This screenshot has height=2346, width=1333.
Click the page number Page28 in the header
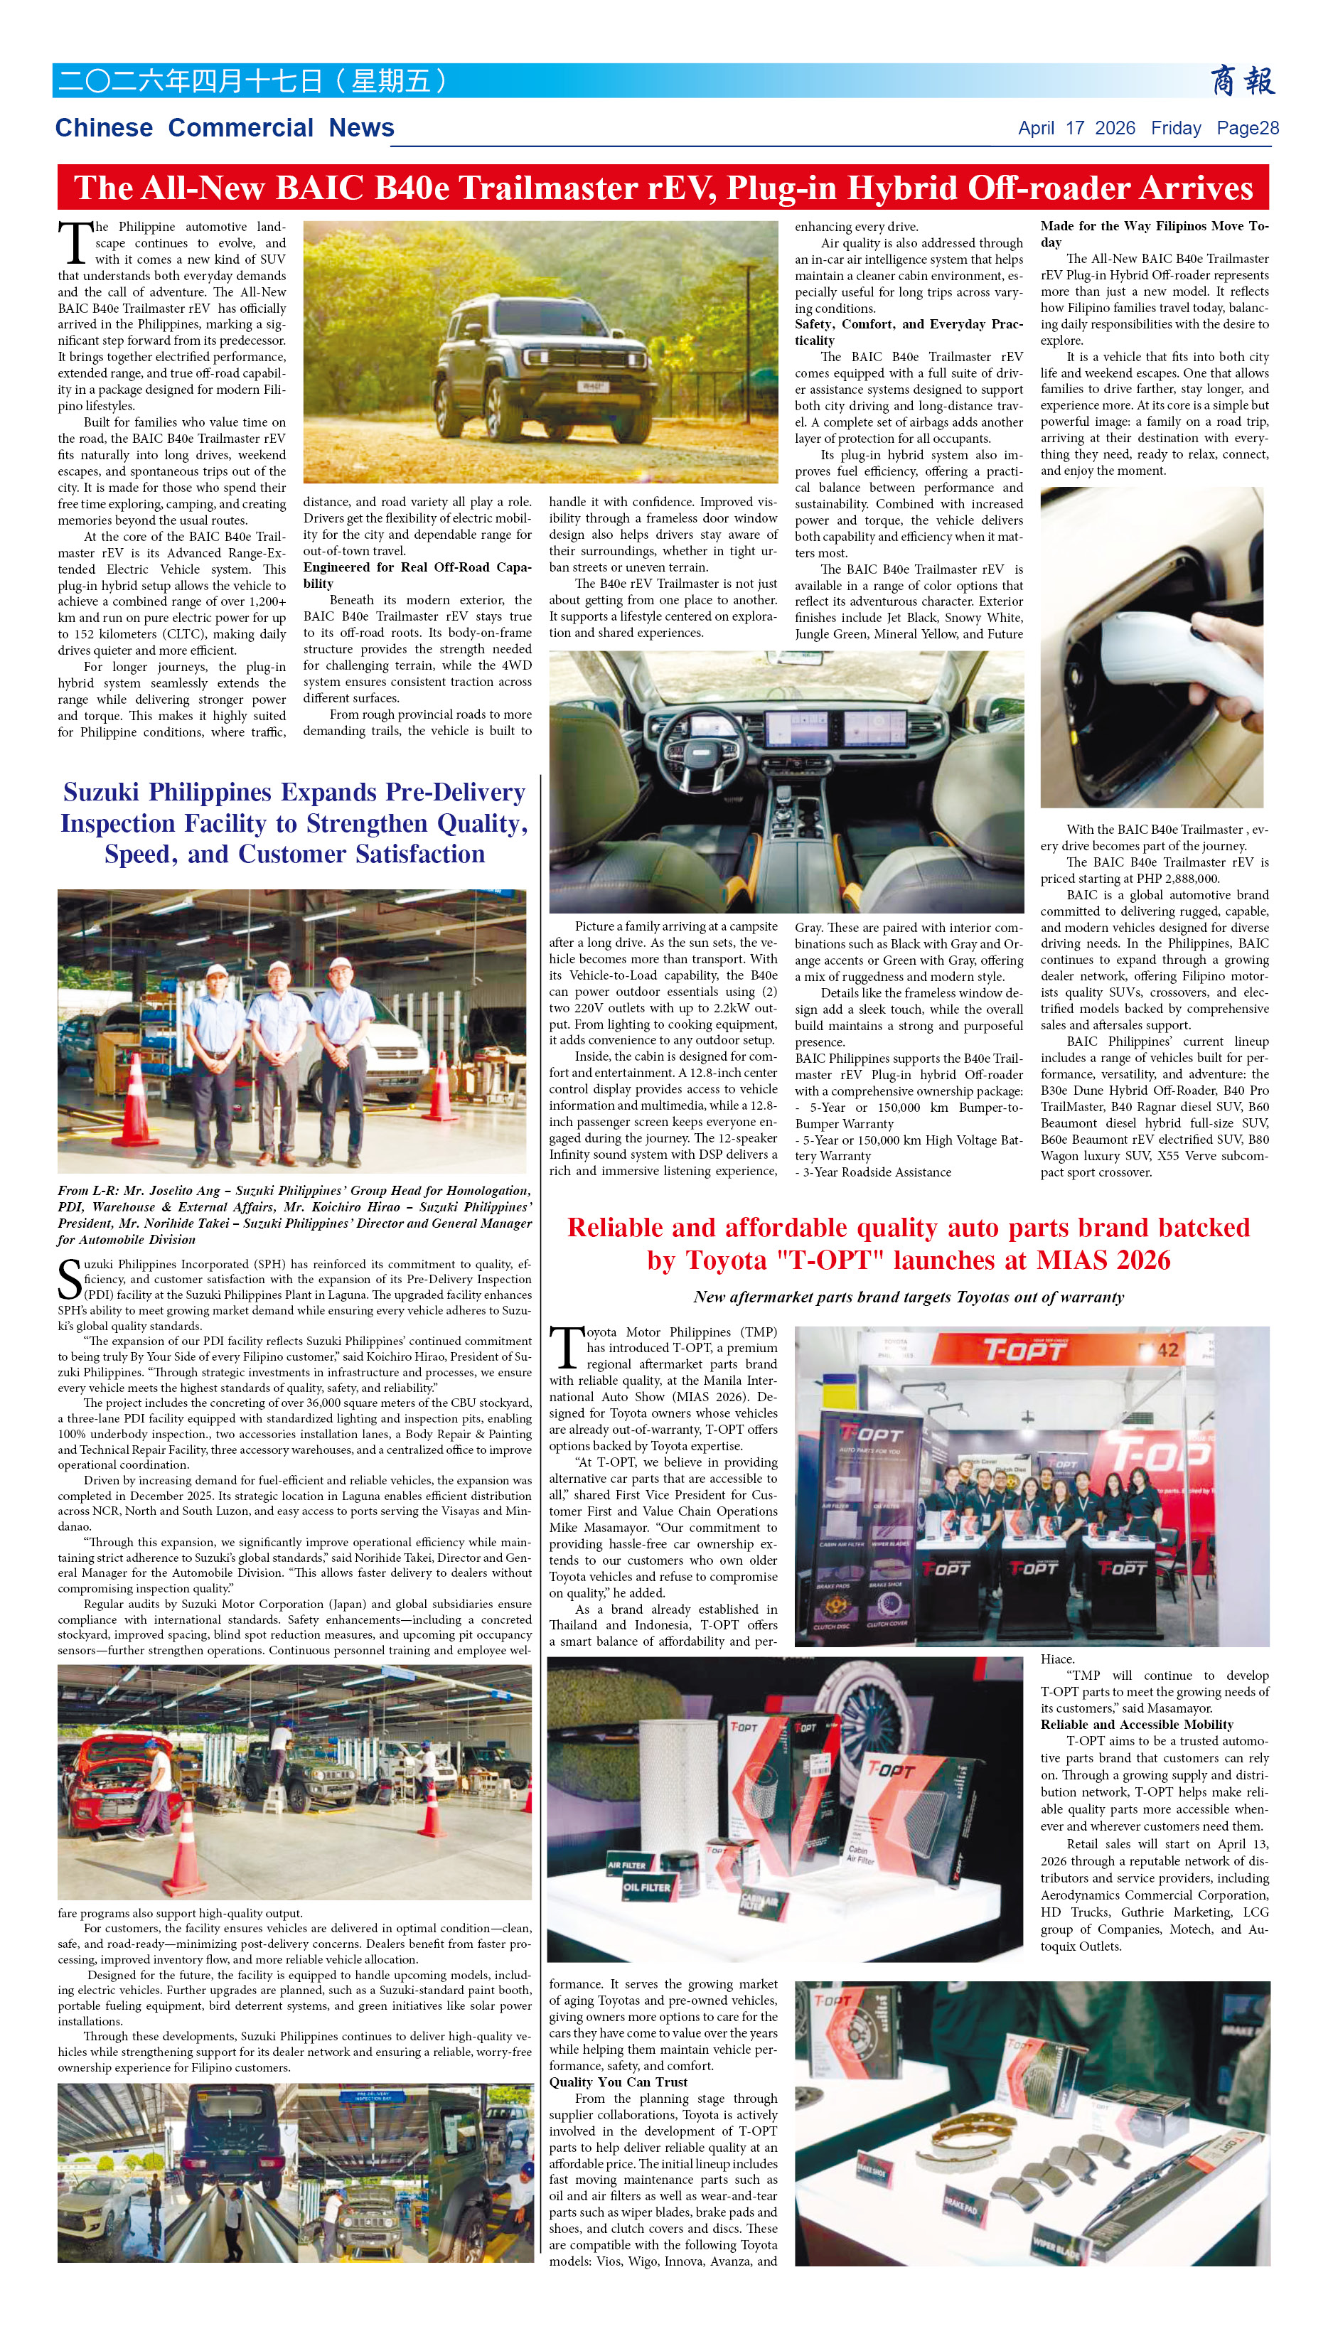coord(1247,128)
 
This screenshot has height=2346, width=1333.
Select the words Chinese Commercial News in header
coord(225,128)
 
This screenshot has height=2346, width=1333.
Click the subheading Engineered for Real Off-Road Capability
coord(417,575)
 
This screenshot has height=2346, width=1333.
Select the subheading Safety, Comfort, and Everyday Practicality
coord(908,332)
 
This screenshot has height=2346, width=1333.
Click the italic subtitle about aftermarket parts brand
coord(908,1297)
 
